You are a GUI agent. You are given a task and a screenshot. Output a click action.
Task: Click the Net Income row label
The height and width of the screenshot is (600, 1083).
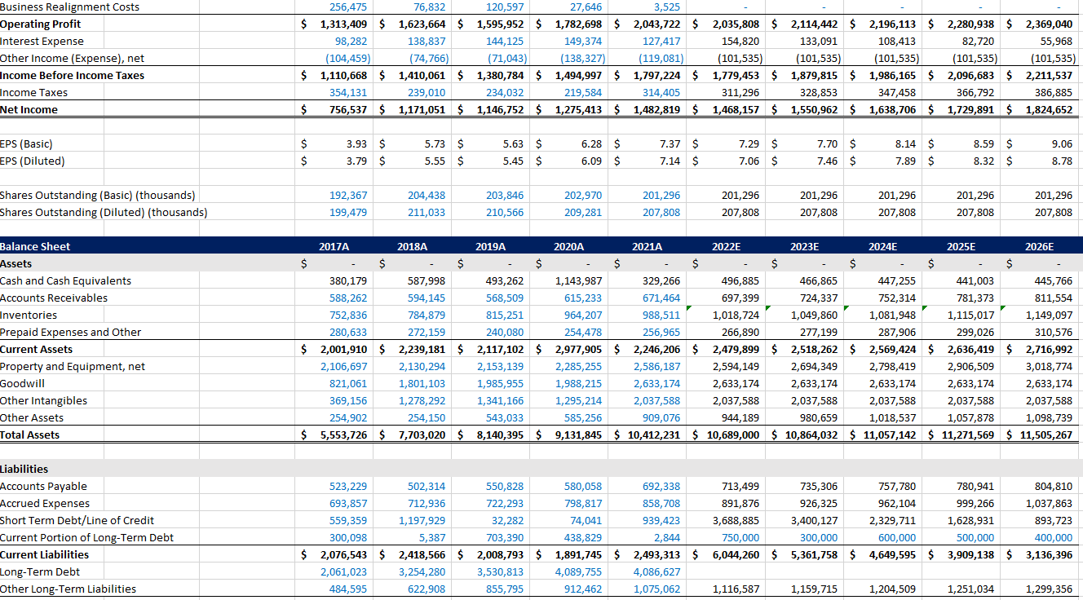click(29, 109)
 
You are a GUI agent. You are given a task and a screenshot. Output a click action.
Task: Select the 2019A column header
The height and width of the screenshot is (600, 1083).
click(490, 246)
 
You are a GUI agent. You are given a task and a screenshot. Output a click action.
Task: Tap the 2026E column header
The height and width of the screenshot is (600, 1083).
click(1039, 246)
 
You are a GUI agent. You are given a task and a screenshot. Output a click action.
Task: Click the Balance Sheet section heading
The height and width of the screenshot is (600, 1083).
click(36, 246)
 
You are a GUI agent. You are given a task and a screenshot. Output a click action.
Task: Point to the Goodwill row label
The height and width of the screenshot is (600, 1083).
click(23, 383)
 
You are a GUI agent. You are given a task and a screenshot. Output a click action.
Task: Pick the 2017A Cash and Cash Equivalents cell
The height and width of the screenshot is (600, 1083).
click(347, 280)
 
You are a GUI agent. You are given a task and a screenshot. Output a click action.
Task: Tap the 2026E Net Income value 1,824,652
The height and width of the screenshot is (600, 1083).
click(1051, 109)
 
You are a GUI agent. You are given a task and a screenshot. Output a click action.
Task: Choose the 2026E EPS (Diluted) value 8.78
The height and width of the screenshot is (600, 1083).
click(1062, 161)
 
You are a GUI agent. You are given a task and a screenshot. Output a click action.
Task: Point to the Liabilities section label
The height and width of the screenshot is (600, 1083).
click(24, 469)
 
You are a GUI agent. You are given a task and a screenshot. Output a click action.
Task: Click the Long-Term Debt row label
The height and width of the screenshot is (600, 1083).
click(40, 571)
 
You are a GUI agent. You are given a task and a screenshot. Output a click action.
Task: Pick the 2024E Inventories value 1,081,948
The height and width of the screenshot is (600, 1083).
click(892, 315)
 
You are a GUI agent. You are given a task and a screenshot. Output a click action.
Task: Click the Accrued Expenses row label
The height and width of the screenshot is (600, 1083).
click(45, 503)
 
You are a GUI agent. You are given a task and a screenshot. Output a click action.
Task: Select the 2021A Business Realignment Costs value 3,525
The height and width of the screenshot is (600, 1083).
click(666, 7)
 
